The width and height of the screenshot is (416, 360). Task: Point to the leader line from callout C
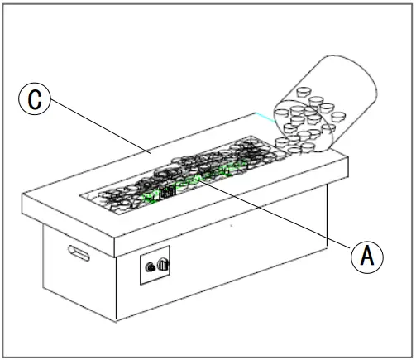99,127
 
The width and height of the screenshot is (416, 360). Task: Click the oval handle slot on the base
79,253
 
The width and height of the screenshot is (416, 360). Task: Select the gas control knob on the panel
163,265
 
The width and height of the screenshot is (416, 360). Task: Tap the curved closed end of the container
364,79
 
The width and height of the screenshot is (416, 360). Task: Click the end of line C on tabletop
150,151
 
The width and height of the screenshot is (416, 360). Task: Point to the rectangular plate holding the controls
155,265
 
